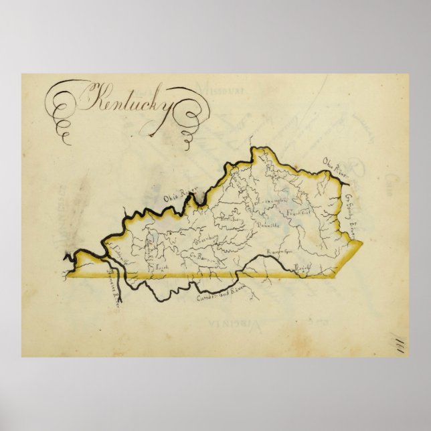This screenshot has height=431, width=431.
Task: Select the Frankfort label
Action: [x=295, y=212]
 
